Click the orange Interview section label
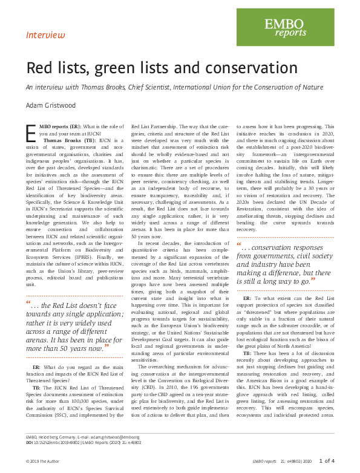click(x=45, y=35)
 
